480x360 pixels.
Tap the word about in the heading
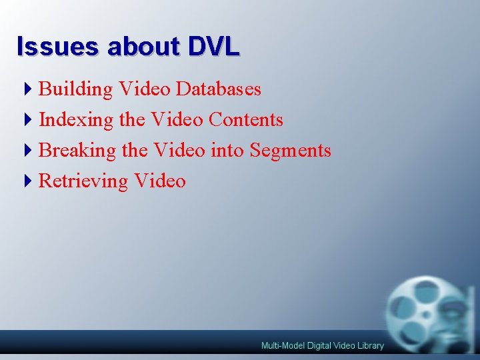coord(143,47)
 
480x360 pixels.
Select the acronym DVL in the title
coord(213,47)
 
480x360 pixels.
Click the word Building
coord(76,89)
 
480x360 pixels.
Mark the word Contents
coord(246,120)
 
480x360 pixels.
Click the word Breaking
coord(77,151)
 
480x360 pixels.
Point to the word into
coord(227,151)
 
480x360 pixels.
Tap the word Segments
coord(291,151)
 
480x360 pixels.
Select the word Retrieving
coord(83,181)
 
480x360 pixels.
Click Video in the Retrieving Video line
coord(160,181)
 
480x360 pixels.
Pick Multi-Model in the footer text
coord(281,345)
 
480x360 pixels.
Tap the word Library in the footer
coord(370,345)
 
